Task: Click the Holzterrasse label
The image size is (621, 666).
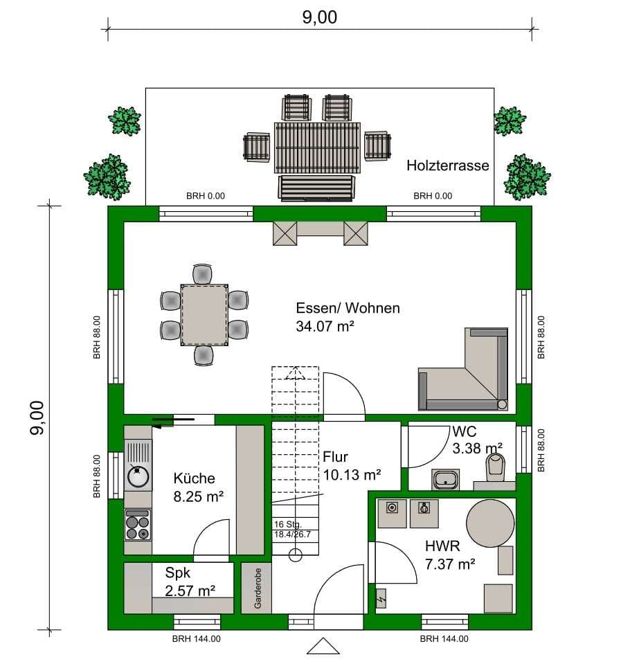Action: (448, 165)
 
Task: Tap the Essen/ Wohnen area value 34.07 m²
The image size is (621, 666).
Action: (325, 326)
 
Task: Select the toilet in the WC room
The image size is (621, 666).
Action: (495, 467)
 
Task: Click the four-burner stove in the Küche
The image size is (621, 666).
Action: (138, 525)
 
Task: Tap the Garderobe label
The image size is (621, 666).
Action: (258, 588)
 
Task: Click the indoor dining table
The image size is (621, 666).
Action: (204, 315)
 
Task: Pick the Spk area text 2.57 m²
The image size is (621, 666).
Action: (190, 591)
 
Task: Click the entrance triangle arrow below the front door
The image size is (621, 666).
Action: (323, 646)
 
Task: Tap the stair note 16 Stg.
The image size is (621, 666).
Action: (287, 525)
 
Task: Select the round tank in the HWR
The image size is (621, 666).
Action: (490, 523)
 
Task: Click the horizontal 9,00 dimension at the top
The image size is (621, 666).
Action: (320, 29)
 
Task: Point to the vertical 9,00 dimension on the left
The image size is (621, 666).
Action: (49, 418)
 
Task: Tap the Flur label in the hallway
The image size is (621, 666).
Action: (335, 457)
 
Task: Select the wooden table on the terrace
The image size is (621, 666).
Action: (317, 148)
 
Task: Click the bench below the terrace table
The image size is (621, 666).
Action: (316, 188)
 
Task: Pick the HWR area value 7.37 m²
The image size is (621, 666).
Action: (450, 564)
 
